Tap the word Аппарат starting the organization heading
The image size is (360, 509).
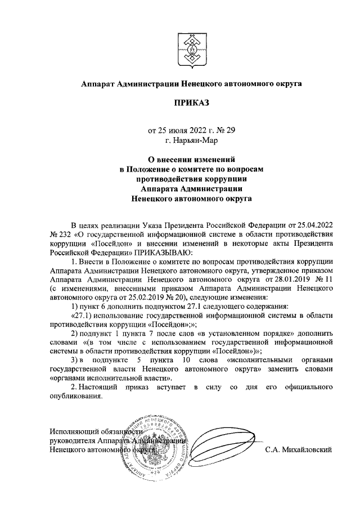coord(97,84)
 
